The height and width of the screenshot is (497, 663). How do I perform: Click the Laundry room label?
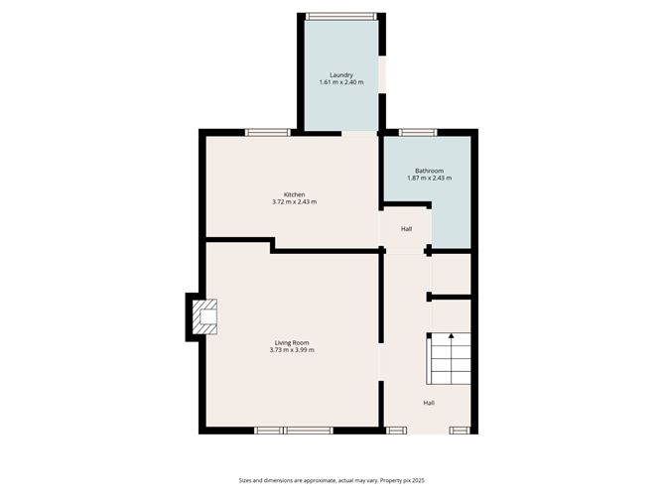click(x=341, y=74)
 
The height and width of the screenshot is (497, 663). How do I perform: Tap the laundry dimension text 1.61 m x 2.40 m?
click(x=341, y=82)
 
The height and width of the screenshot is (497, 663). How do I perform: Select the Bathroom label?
click(x=429, y=171)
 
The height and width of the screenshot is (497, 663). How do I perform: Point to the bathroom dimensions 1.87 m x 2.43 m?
click(x=429, y=178)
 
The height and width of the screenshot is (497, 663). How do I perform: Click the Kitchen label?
click(x=295, y=194)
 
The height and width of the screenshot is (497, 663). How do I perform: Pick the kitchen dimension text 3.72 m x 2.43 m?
click(x=295, y=202)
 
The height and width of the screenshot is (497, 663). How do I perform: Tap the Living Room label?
click(x=292, y=343)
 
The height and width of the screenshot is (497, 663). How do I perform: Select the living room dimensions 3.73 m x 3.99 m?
click(x=292, y=350)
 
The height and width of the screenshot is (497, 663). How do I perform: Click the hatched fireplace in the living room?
click(x=205, y=317)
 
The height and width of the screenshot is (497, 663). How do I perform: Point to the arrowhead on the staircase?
click(x=452, y=336)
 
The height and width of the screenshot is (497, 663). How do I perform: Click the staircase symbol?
click(x=449, y=358)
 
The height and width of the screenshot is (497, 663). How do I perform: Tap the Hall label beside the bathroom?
click(x=406, y=228)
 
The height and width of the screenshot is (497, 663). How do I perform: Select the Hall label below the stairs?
click(x=429, y=403)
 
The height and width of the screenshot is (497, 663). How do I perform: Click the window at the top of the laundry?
click(x=341, y=17)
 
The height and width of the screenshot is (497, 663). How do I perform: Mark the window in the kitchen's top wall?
click(x=268, y=132)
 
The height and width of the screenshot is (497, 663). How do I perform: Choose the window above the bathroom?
click(x=418, y=132)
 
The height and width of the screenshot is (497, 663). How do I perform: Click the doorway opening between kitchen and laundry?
click(x=359, y=133)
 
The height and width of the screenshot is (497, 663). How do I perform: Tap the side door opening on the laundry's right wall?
click(x=382, y=74)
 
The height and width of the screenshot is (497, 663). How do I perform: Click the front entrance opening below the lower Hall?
click(x=428, y=431)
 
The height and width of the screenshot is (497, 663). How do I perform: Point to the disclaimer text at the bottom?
click(x=331, y=480)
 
